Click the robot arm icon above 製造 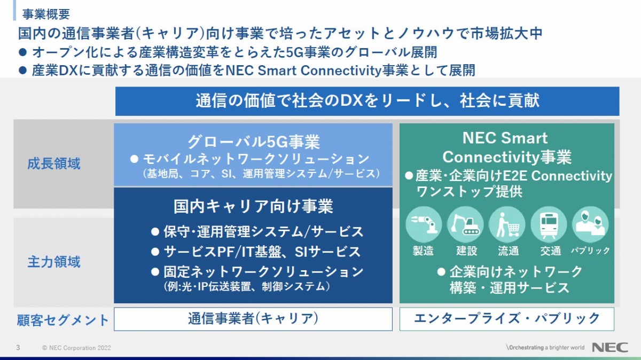(424, 225)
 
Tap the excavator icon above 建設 (465, 225)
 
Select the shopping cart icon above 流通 (507, 225)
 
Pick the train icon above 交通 (549, 225)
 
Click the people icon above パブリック (590, 225)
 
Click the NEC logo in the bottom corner (610, 347)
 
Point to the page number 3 (18, 348)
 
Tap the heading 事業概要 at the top (46, 14)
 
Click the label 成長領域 (54, 164)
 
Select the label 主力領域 (54, 262)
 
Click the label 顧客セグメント (62, 320)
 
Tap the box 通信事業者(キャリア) (253, 319)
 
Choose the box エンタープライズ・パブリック (507, 319)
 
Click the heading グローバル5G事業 (253, 142)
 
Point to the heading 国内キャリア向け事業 (253, 206)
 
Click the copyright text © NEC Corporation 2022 (76, 348)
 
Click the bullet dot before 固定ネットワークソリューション (155, 272)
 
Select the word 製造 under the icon (423, 251)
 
